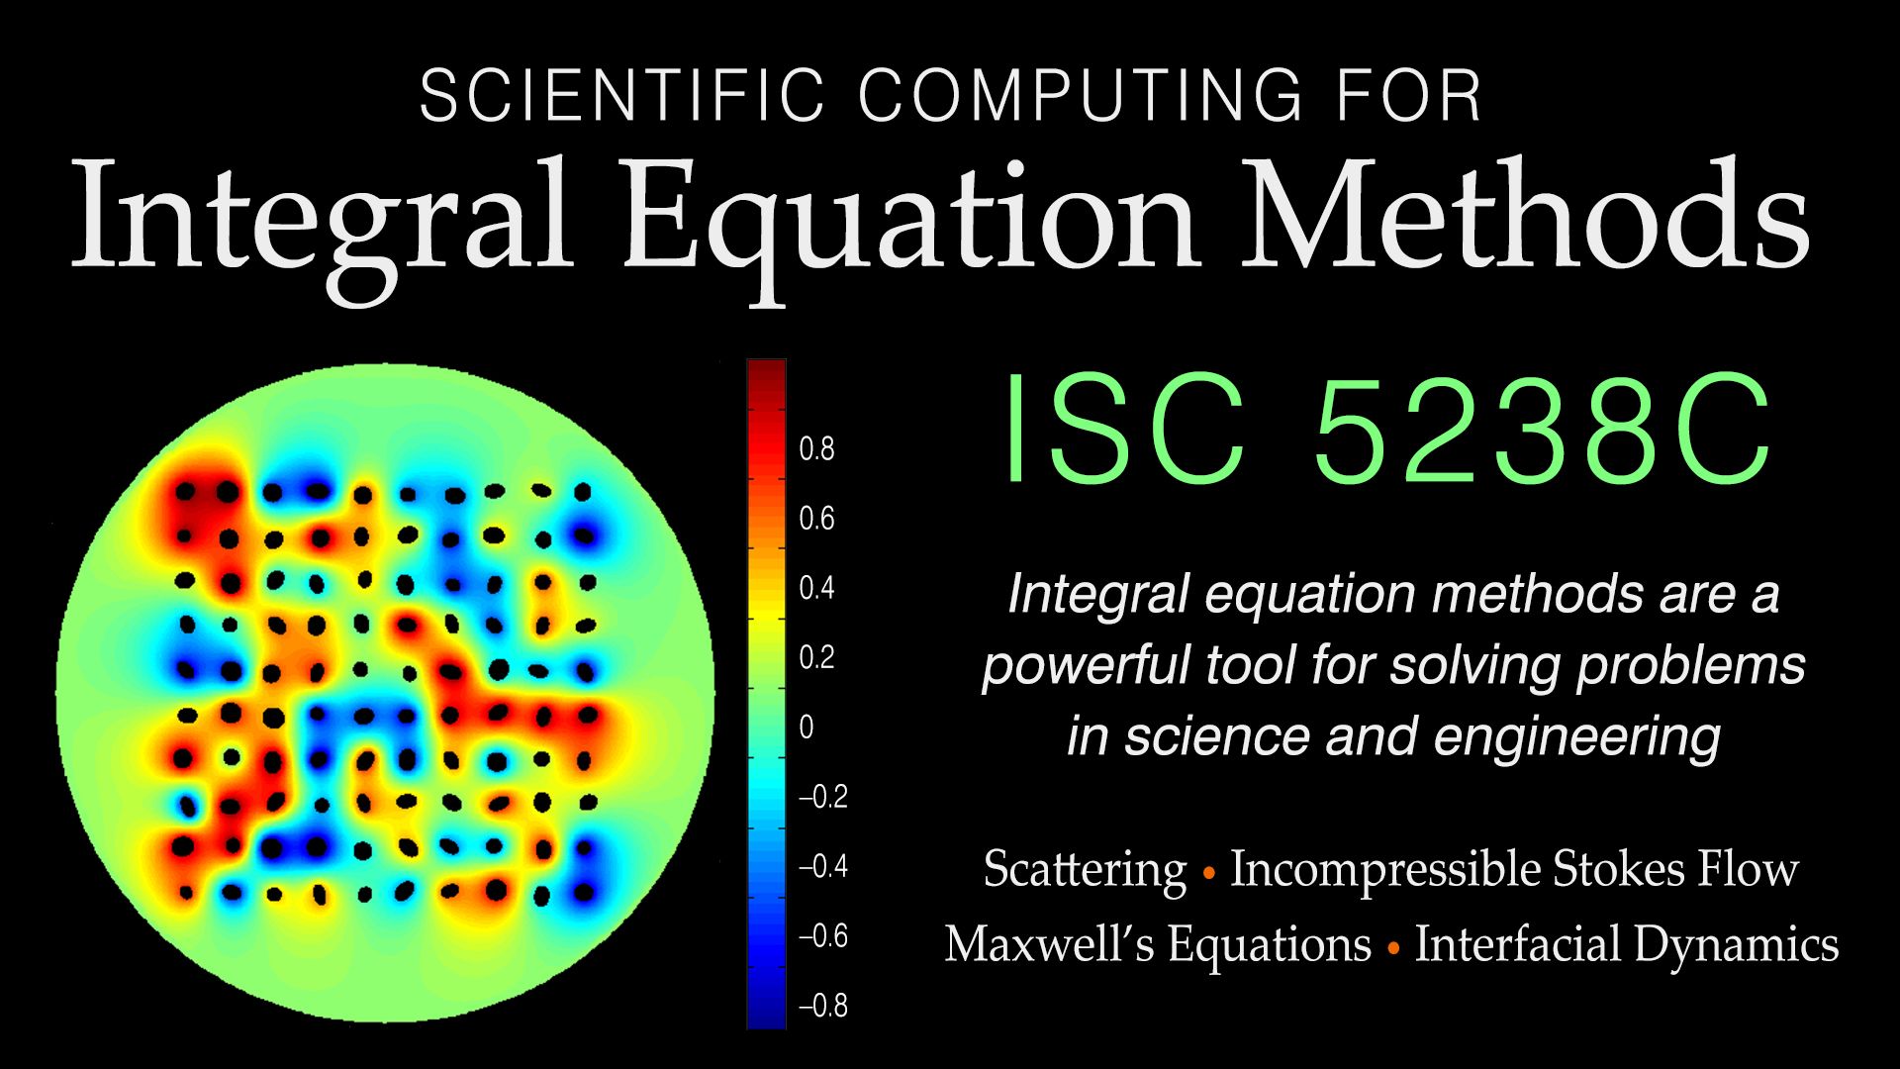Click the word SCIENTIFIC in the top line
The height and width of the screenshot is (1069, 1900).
[x=621, y=96]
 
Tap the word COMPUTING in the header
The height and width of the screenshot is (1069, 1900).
[x=1080, y=96]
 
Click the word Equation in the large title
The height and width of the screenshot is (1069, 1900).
[x=910, y=223]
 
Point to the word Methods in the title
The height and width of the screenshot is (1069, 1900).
[x=1525, y=213]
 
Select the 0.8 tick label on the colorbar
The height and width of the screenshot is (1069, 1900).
[x=816, y=449]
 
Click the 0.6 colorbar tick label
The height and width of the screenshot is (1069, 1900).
[x=816, y=519]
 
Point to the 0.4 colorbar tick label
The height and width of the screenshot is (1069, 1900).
[x=816, y=588]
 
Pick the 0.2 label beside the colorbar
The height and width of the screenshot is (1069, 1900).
[x=816, y=658]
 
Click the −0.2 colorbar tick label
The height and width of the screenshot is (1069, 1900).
[x=823, y=797]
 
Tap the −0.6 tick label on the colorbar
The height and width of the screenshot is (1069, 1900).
[x=823, y=936]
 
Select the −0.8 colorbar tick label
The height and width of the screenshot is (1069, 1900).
[x=823, y=1006]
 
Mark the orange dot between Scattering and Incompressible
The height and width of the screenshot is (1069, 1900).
[x=1208, y=874]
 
